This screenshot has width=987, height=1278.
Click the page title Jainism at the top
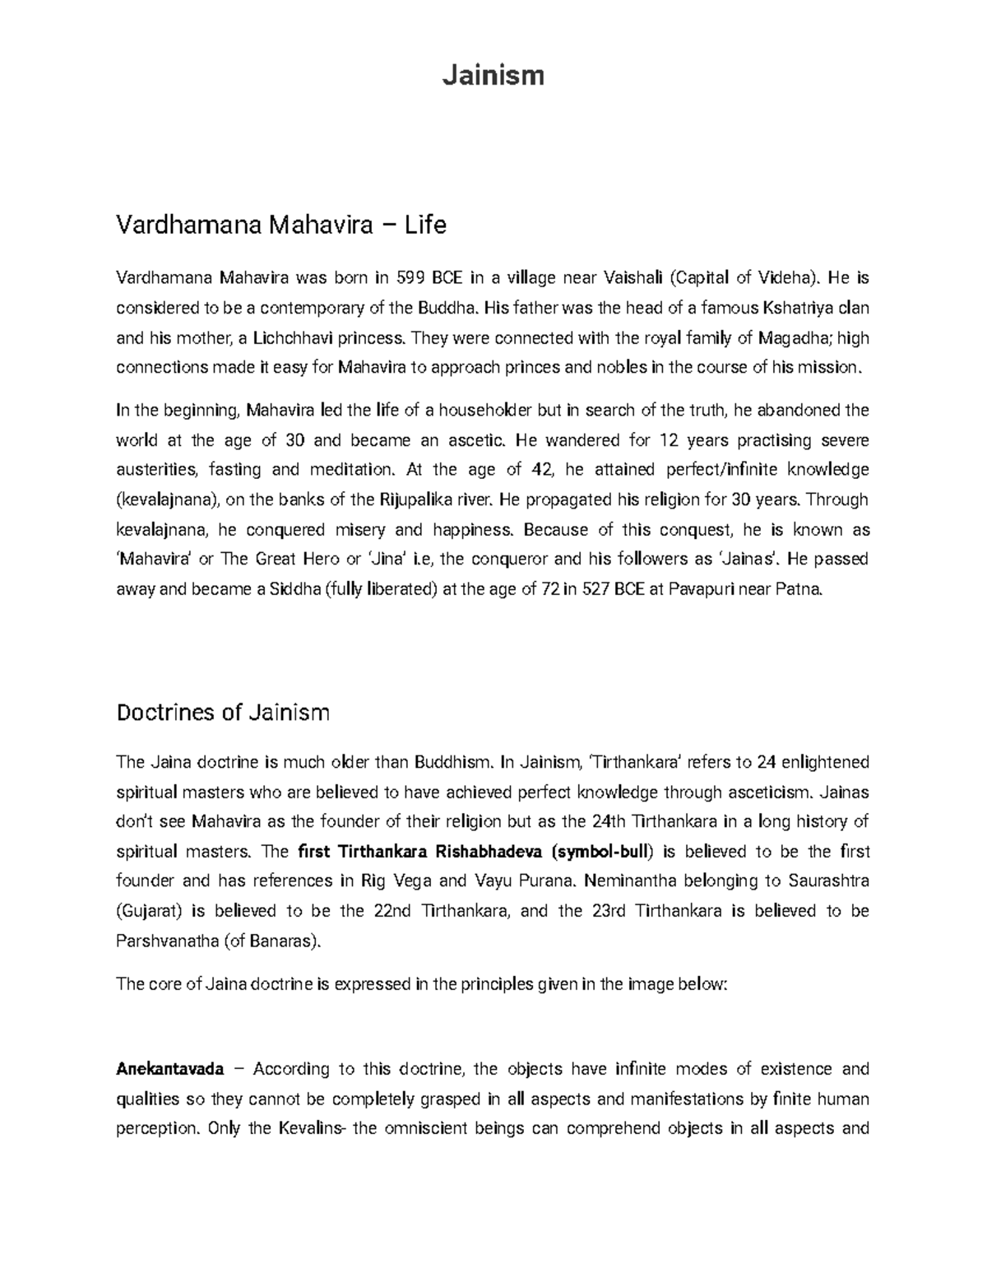(493, 76)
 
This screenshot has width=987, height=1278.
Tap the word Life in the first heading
(424, 225)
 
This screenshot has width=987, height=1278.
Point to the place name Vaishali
(633, 278)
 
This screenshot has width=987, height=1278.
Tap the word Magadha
(793, 337)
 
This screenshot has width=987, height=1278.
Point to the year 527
(595, 588)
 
